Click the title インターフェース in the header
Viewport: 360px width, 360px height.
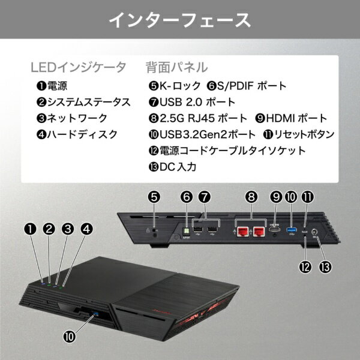click(x=180, y=20)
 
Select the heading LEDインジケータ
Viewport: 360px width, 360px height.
click(x=79, y=67)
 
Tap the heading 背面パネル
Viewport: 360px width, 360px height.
click(x=177, y=67)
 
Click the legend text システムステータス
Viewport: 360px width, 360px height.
click(x=89, y=102)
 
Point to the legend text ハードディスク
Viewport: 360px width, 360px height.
click(x=82, y=134)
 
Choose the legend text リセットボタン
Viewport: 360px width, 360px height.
click(x=304, y=134)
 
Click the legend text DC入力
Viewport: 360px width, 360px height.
click(x=178, y=167)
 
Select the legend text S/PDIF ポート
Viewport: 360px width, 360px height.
click(x=252, y=86)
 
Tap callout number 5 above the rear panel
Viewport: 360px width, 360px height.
click(x=154, y=197)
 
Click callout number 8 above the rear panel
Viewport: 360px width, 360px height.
click(x=251, y=197)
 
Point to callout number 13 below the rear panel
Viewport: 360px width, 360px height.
click(x=326, y=267)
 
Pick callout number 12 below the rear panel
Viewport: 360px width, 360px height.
click(x=305, y=267)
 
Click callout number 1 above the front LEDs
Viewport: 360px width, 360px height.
click(x=31, y=229)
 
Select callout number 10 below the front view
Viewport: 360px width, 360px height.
click(x=70, y=337)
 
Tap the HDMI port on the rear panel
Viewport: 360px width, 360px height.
click(x=275, y=229)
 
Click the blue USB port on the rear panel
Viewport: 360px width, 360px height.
click(x=292, y=230)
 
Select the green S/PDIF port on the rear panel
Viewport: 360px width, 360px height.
click(x=186, y=232)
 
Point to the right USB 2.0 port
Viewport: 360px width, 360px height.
click(x=212, y=230)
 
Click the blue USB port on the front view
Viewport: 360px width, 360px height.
click(x=95, y=313)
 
